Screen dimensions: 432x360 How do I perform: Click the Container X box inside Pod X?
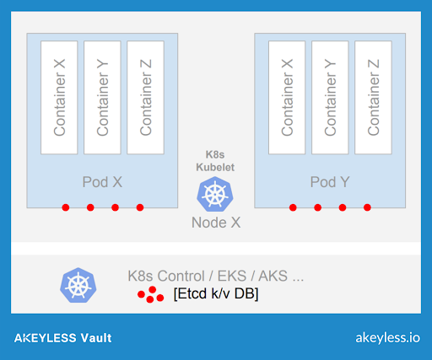[x=59, y=98]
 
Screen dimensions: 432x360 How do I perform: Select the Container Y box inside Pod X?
[x=102, y=98]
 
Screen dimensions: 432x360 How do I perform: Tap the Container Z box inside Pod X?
[x=145, y=98]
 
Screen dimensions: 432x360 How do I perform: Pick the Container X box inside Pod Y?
[x=287, y=98]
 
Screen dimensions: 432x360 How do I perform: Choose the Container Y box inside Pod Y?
[x=330, y=98]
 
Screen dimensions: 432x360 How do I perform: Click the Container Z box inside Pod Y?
[x=373, y=98]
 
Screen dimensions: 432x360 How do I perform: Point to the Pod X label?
[x=102, y=182]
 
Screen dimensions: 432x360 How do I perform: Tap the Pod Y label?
[x=330, y=182]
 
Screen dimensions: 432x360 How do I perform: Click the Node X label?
[x=216, y=223]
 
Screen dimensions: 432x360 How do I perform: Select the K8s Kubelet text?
[x=215, y=161]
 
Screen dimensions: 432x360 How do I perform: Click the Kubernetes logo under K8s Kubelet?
[x=215, y=194]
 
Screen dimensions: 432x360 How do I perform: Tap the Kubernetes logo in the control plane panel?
[x=78, y=285]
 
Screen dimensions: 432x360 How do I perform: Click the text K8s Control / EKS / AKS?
[x=216, y=276]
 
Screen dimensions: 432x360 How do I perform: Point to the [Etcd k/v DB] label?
[x=216, y=293]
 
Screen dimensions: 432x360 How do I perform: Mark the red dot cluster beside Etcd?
[x=151, y=295]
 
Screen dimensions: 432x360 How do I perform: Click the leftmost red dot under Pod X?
[x=66, y=207]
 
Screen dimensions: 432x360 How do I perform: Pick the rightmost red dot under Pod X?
[x=140, y=207]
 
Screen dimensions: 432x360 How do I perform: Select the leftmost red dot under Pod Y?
[x=293, y=207]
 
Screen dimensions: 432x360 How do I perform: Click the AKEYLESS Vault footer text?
[x=63, y=338]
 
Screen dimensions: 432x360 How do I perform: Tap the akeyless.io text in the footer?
[x=388, y=338]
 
